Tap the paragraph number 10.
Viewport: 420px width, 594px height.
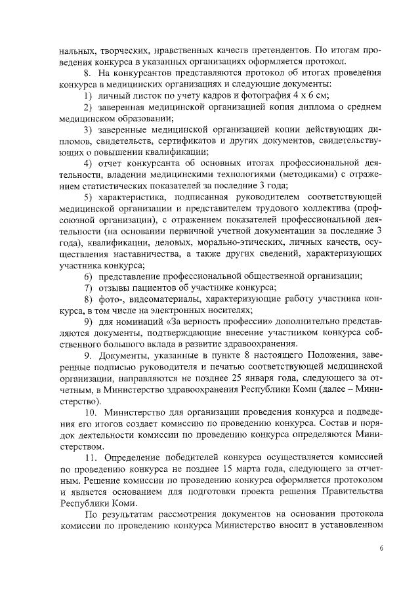(90, 412)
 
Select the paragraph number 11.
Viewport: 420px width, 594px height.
(90, 455)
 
